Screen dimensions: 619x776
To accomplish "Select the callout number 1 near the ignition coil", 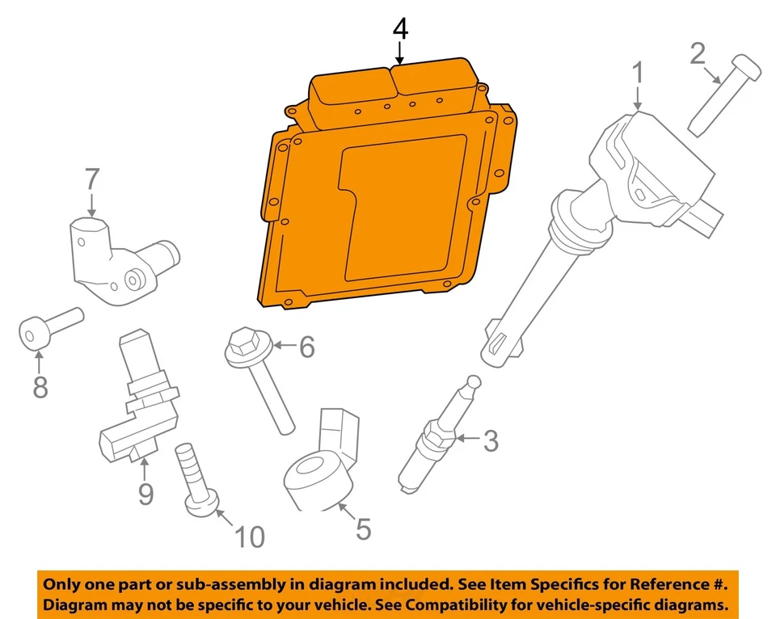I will (x=638, y=73).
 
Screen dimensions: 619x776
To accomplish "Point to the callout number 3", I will (x=491, y=441).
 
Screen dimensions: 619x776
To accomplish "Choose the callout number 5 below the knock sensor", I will (x=363, y=529).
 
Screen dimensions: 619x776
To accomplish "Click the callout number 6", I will (x=306, y=347).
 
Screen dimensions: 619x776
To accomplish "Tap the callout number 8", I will (x=40, y=387).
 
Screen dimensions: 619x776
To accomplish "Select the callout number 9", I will (x=145, y=493).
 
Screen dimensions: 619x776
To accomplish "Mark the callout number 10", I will (x=250, y=536).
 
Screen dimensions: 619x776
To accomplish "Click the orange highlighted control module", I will (x=380, y=202).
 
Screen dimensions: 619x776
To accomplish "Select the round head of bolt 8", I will (x=33, y=334).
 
